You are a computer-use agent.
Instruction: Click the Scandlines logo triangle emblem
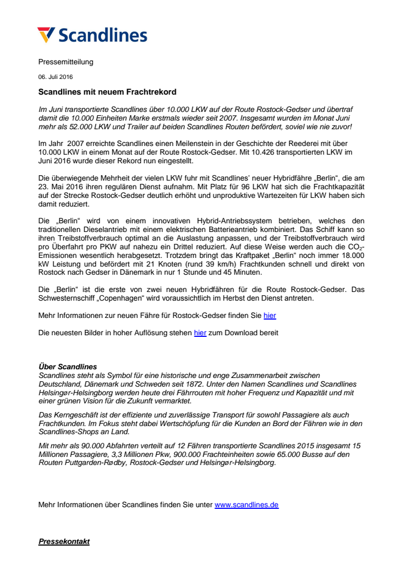46,34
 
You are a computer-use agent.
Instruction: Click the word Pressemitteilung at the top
65,62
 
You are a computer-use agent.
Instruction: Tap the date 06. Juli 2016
55,77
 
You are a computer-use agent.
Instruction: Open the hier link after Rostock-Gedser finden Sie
270,315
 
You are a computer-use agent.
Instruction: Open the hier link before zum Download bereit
200,333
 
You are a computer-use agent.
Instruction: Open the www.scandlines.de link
246,505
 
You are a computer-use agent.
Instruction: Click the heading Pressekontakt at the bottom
64,541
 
